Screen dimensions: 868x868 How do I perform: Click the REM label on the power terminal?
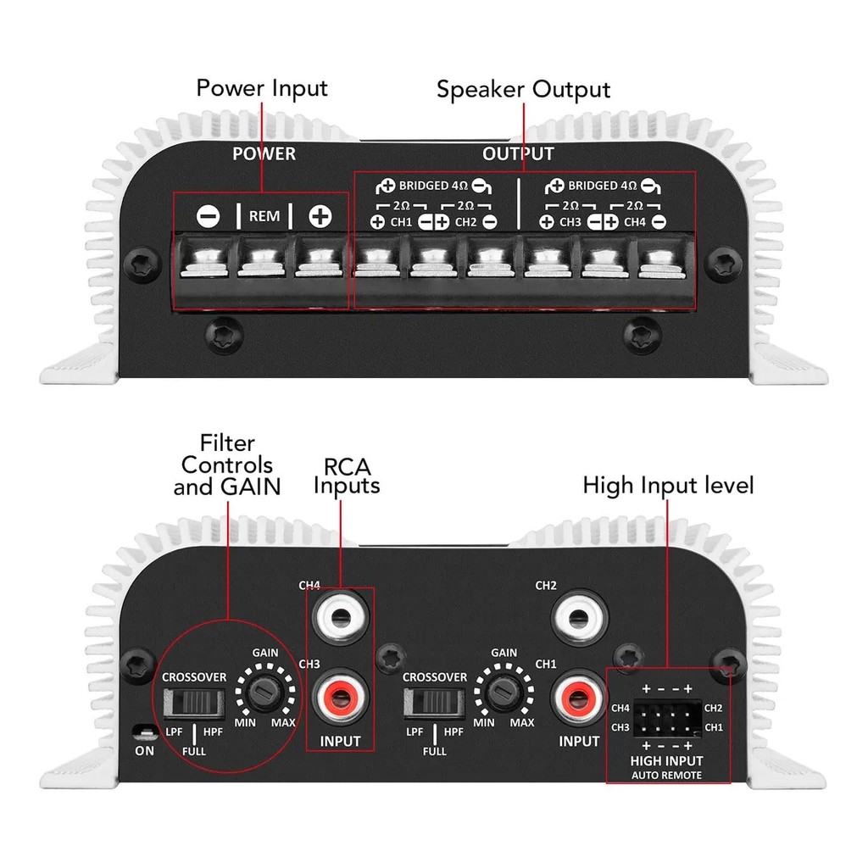[264, 216]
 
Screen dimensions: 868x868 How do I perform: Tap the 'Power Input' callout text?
[261, 88]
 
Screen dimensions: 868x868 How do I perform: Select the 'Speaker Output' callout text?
[523, 90]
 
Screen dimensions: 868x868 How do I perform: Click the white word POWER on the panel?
[264, 153]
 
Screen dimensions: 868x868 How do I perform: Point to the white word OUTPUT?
[518, 153]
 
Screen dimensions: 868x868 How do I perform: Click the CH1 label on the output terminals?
[402, 222]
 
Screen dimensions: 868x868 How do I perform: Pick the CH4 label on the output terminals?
[635, 222]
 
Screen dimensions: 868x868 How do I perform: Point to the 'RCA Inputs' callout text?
[346, 476]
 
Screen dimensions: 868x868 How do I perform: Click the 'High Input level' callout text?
[668, 486]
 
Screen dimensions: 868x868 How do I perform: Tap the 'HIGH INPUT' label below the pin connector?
[668, 761]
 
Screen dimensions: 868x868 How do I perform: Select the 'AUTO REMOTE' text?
[668, 776]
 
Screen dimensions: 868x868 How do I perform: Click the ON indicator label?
[146, 749]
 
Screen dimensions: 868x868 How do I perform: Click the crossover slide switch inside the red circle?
[195, 703]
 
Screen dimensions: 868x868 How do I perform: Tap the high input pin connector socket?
[667, 716]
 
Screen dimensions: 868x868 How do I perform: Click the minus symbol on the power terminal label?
[208, 216]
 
